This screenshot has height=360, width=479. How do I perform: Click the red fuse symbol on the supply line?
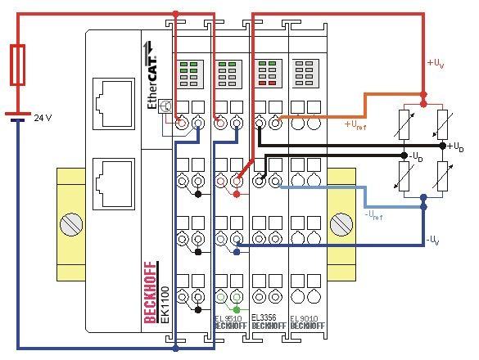(20, 66)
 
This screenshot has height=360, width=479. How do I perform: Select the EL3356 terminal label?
(269, 317)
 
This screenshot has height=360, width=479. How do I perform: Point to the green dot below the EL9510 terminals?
(237, 309)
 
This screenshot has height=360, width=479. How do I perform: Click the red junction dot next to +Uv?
(423, 96)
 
